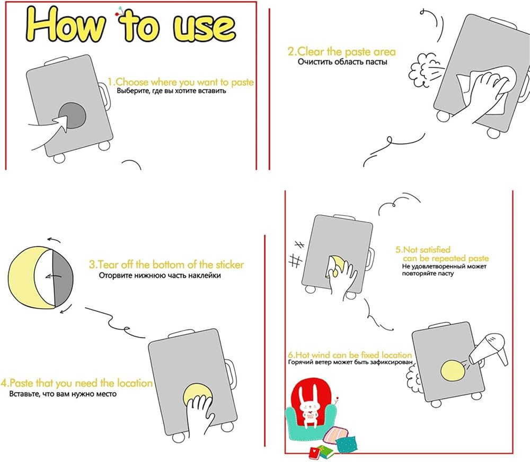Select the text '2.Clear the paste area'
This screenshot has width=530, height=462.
[341, 52]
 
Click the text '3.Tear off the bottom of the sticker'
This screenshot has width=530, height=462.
[166, 264]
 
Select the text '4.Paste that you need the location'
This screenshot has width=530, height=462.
[76, 383]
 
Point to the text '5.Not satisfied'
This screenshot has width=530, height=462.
[423, 250]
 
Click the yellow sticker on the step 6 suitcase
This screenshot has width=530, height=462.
[453, 371]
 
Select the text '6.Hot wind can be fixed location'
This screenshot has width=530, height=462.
[350, 355]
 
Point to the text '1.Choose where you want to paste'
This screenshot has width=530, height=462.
[181, 82]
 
